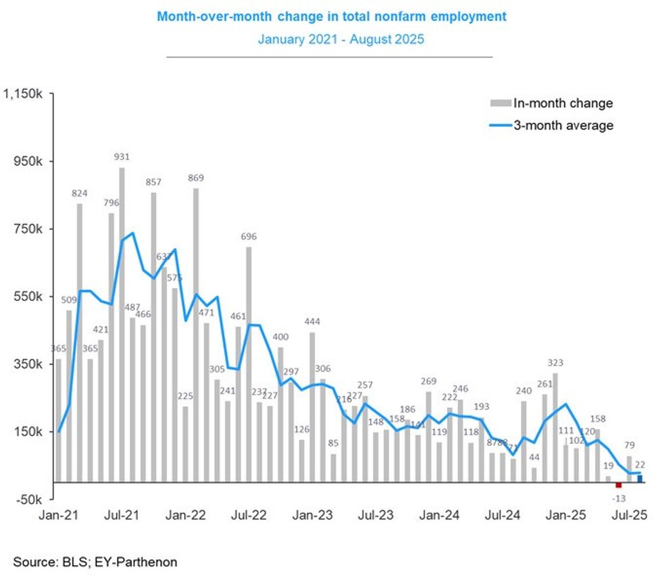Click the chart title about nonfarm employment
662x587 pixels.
(331, 16)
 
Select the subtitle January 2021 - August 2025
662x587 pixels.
(340, 39)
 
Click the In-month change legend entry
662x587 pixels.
(563, 103)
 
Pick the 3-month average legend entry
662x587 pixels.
(563, 125)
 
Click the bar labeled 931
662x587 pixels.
(122, 324)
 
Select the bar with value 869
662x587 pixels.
(196, 334)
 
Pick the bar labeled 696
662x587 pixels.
(249, 364)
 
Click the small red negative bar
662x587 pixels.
(618, 484)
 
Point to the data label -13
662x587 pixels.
(618, 498)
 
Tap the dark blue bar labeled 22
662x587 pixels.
(640, 479)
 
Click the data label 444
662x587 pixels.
(312, 320)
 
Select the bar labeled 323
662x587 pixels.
(555, 427)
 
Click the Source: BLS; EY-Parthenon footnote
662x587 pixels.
(95, 561)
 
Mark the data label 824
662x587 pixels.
(80, 194)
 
